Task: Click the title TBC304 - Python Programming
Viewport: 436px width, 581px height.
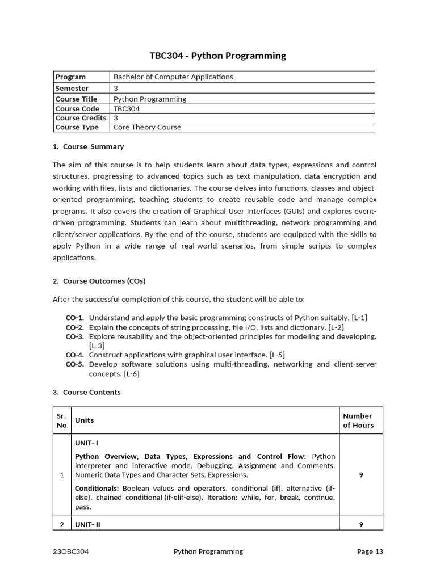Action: click(x=217, y=56)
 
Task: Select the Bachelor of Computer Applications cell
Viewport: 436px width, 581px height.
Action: click(x=173, y=77)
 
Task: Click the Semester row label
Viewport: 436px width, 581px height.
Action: click(x=72, y=88)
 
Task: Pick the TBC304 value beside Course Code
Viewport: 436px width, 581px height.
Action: click(x=127, y=108)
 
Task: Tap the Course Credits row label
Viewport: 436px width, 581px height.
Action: click(x=81, y=118)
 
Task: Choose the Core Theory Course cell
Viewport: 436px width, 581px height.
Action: click(x=147, y=127)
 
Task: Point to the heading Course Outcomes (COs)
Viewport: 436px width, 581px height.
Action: click(x=104, y=281)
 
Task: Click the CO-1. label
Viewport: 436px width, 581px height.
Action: click(x=74, y=318)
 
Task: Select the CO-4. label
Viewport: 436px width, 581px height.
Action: click(x=74, y=355)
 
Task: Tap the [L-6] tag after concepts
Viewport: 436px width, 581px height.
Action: click(x=128, y=373)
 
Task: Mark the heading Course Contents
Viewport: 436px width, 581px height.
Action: click(x=91, y=392)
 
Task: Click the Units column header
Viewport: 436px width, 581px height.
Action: click(x=85, y=420)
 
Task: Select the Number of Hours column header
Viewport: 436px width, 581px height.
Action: click(x=358, y=420)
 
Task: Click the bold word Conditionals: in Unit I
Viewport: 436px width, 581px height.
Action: click(x=97, y=488)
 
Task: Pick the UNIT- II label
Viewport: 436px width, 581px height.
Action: click(x=87, y=525)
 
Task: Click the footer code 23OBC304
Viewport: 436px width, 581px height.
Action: click(x=70, y=551)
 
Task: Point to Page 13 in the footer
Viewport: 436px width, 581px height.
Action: click(x=370, y=551)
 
